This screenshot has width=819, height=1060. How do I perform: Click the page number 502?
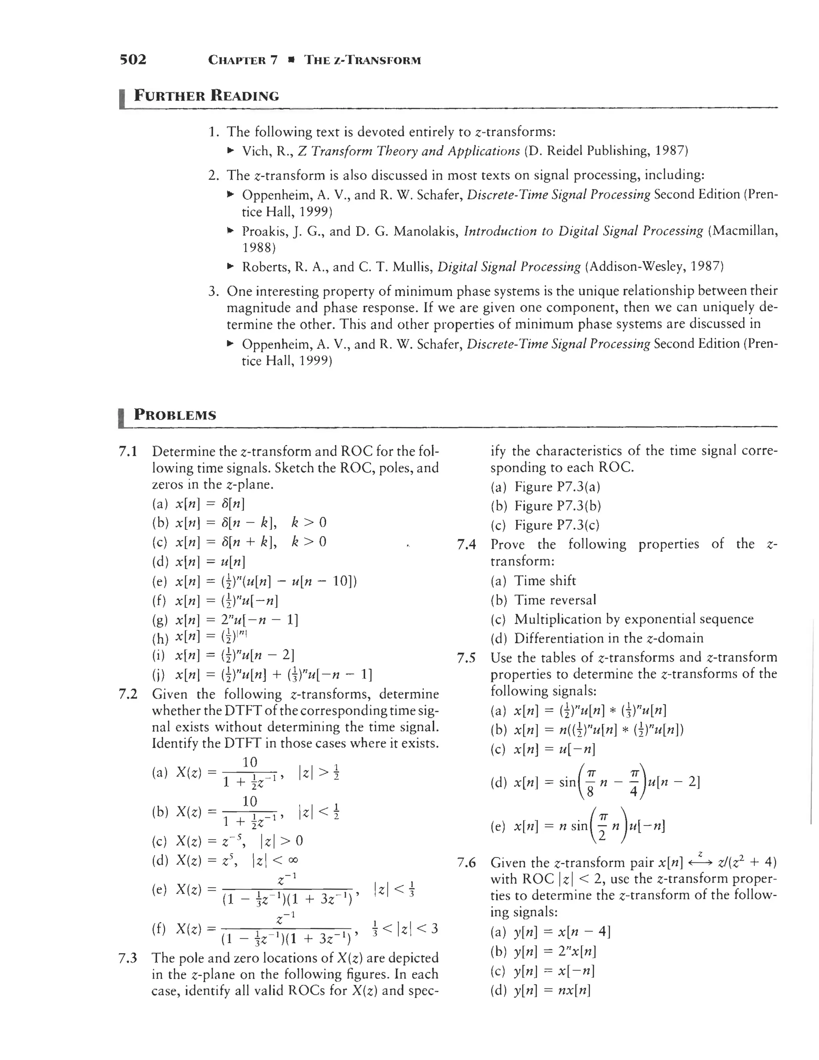coord(132,60)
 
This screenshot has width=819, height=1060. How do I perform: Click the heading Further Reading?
coord(206,95)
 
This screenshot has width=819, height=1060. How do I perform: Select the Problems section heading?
coord(175,415)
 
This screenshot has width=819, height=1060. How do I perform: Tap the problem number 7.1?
coord(128,452)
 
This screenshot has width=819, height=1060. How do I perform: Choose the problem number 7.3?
coord(128,958)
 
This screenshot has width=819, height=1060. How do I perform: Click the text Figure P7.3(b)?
coord(557,506)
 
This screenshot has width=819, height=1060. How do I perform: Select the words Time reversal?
coord(555,600)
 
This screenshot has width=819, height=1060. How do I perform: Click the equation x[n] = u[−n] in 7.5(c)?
coord(554,749)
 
